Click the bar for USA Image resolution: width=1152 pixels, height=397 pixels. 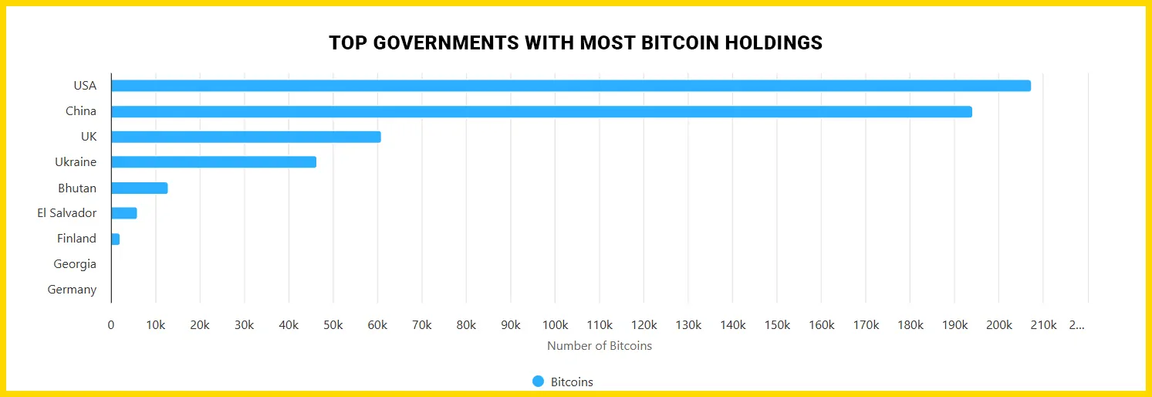pyautogui.click(x=571, y=86)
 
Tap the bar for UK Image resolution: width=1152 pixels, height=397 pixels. pyautogui.click(x=246, y=137)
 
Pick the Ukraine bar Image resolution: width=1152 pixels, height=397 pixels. pyautogui.click(x=214, y=162)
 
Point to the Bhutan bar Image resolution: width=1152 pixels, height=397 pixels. pyautogui.click(x=140, y=188)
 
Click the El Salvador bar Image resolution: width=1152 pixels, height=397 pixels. pyautogui.click(x=124, y=213)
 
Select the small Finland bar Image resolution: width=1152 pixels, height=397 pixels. pyautogui.click(x=116, y=239)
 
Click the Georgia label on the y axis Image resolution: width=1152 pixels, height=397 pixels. pyautogui.click(x=75, y=264)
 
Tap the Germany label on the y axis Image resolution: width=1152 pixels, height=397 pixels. pyautogui.click(x=72, y=290)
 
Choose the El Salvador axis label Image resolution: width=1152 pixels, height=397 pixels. pyautogui.click(x=67, y=213)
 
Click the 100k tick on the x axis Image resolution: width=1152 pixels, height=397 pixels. pyautogui.click(x=556, y=325)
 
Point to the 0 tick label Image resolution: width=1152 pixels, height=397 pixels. pyautogui.click(x=111, y=325)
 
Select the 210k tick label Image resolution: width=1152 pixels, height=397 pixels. pyautogui.click(x=1043, y=325)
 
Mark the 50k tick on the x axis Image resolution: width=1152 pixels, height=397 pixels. pyautogui.click(x=333, y=325)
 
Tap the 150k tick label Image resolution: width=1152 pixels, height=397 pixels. pyautogui.click(x=777, y=325)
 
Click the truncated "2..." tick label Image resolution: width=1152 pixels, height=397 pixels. pyautogui.click(x=1076, y=325)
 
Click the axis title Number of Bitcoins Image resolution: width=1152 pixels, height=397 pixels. pyautogui.click(x=600, y=346)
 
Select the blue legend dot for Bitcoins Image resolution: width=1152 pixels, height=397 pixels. pyautogui.click(x=539, y=382)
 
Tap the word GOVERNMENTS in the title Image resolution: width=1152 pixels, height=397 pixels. pyautogui.click(x=445, y=43)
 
